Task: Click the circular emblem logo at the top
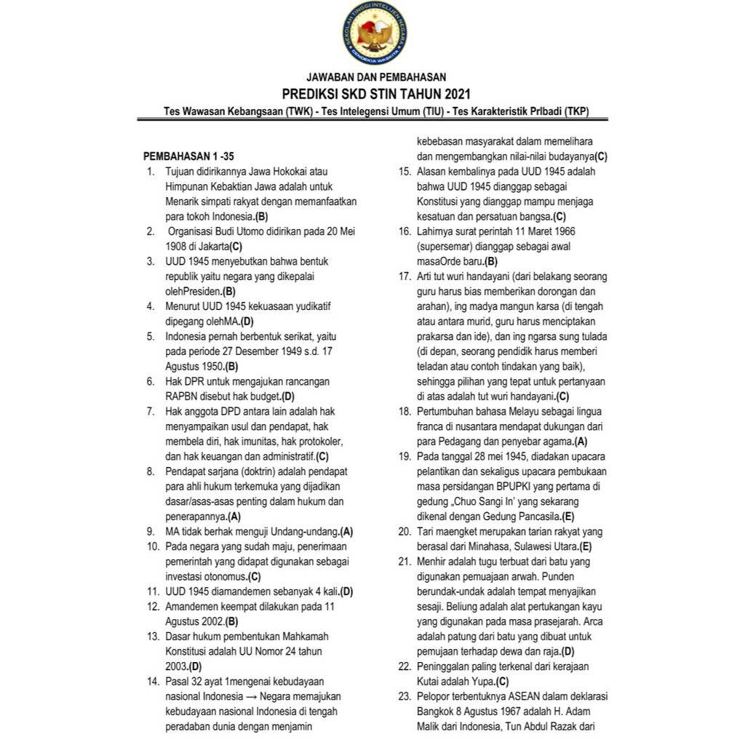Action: (x=372, y=33)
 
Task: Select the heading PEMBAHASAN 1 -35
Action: (x=188, y=156)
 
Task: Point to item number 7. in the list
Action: (x=150, y=411)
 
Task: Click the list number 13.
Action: (x=152, y=635)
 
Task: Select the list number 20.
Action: (x=405, y=531)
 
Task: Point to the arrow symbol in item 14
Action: (x=249, y=696)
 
